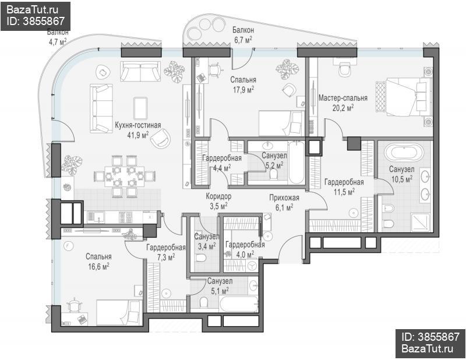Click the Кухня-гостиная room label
coord(138,125)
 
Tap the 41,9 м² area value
coord(138,135)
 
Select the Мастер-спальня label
coord(343,98)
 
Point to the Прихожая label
coord(284,197)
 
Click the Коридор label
coord(218,196)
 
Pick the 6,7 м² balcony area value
coord(243,40)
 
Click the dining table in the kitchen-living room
coord(124,176)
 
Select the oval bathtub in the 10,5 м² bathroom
coord(403,153)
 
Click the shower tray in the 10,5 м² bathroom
coord(420,222)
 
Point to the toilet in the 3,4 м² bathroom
coord(200,257)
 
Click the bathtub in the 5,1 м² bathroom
coord(239,304)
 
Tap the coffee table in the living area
coord(140,108)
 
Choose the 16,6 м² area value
coord(98,267)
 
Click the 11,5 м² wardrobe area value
coord(344,192)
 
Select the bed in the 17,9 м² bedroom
coord(281,123)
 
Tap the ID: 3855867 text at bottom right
coord(430,337)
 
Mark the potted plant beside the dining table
coord(71,165)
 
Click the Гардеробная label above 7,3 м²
coord(166,248)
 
